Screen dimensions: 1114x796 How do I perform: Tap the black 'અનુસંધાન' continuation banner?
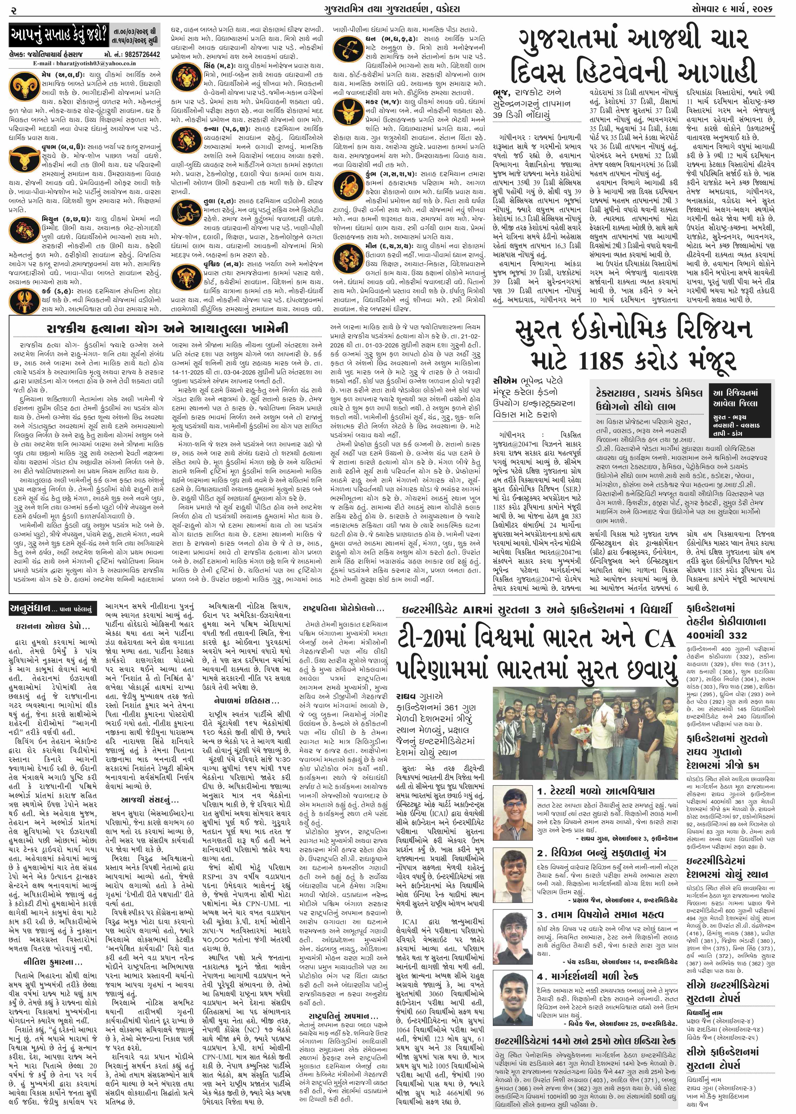pyautogui.click(x=54, y=609)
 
